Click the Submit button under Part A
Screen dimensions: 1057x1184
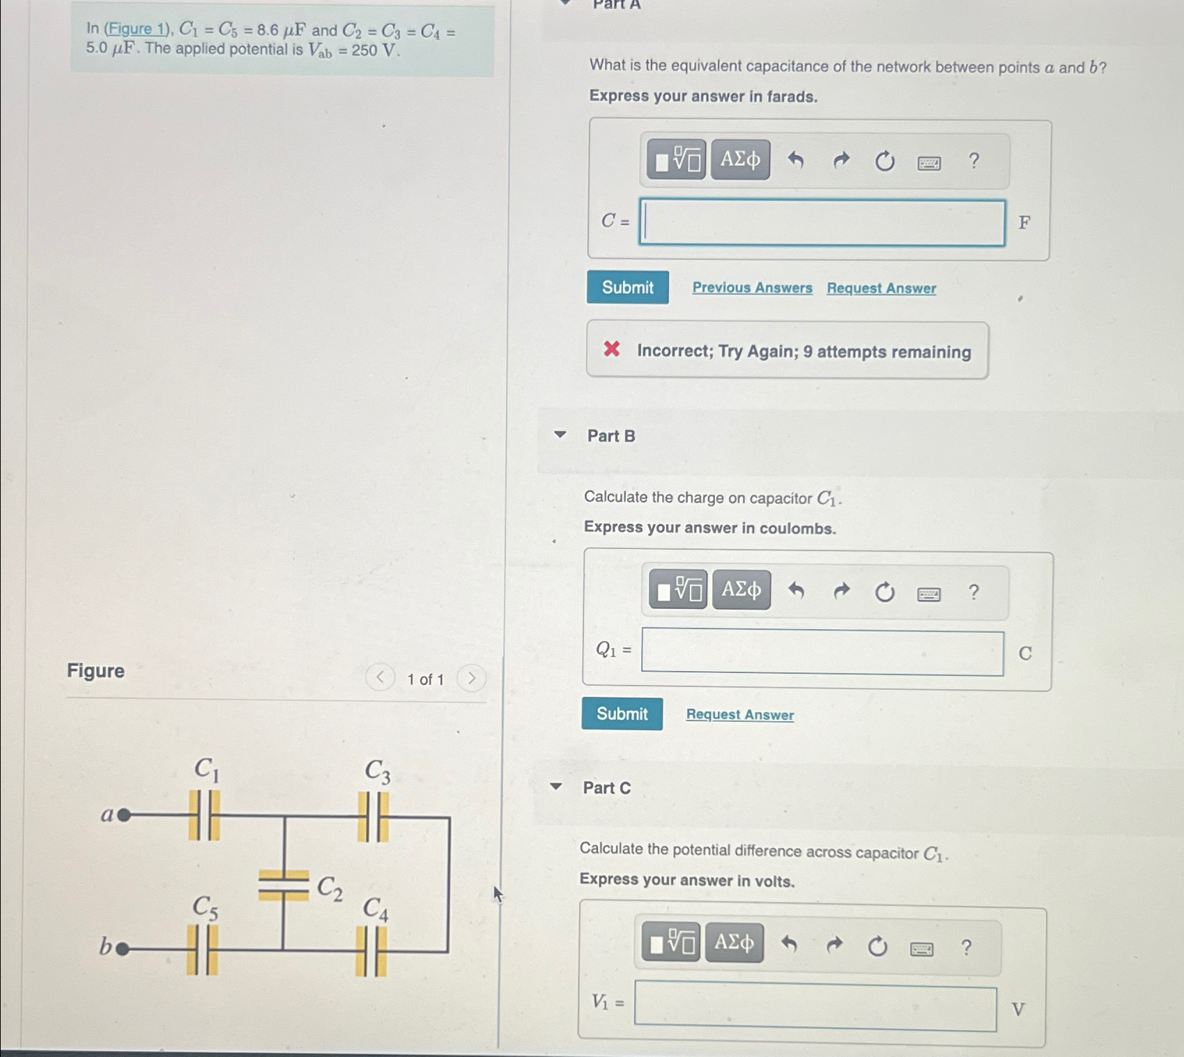(x=627, y=287)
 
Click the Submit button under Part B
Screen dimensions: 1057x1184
(x=622, y=713)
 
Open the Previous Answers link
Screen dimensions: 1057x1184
(x=752, y=288)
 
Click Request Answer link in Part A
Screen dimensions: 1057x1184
(x=881, y=288)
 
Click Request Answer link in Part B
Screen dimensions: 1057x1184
(x=739, y=715)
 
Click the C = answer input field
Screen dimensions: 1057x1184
(x=822, y=223)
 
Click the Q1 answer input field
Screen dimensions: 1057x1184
(x=822, y=653)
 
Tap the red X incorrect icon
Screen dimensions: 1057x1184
(x=611, y=349)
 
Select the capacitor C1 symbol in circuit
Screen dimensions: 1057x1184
(x=204, y=815)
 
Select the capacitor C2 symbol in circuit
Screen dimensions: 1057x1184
(x=283, y=886)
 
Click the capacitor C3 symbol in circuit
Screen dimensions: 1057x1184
(x=373, y=817)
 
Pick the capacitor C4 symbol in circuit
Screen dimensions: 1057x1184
(x=371, y=952)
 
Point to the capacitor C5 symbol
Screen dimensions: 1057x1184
(x=202, y=950)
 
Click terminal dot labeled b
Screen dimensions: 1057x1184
(x=122, y=948)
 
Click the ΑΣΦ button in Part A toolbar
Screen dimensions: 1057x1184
(x=740, y=160)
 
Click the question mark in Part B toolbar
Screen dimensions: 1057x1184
(x=974, y=592)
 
